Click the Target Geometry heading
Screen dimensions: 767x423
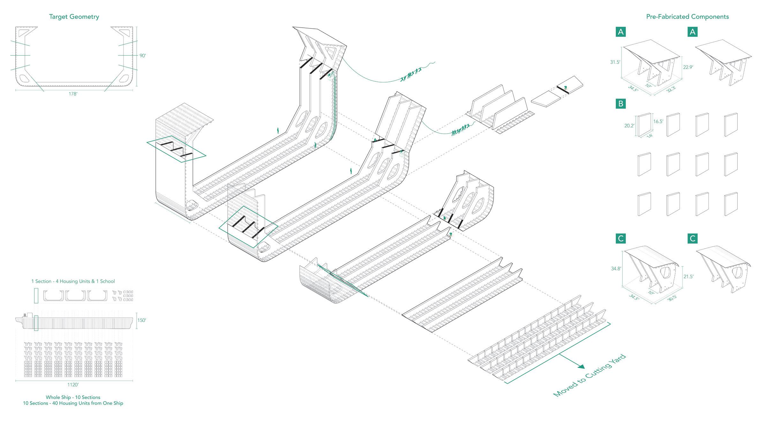click(74, 17)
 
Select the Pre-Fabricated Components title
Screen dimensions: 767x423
click(688, 17)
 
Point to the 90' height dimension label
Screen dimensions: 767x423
click(143, 56)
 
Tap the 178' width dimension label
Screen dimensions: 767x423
click(73, 94)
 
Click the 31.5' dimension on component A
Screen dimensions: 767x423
click(615, 62)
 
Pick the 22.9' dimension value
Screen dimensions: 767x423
click(688, 67)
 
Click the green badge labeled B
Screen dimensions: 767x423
click(621, 104)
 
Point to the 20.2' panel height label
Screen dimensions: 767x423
click(629, 126)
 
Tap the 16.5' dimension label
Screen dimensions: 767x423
click(658, 121)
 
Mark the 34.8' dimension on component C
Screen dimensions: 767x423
click(616, 269)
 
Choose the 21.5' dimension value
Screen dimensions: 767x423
click(688, 277)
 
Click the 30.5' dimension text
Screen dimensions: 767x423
click(672, 297)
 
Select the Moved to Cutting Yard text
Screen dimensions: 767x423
click(589, 376)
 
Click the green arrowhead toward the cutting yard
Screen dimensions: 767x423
click(581, 367)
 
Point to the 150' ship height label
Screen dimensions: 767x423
click(141, 320)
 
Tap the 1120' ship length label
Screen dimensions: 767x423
click(73, 385)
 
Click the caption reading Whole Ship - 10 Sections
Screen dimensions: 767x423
click(73, 397)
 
